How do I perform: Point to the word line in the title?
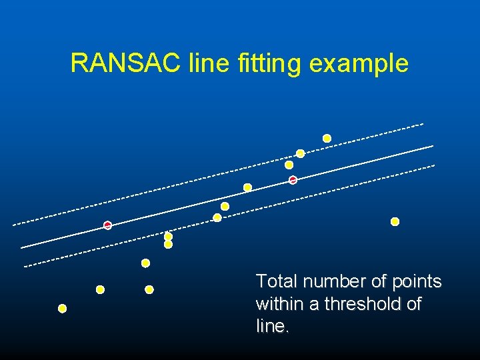pos(209,63)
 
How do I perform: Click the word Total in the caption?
pos(274,281)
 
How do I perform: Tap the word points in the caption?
pos(416,282)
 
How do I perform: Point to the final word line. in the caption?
pos(272,327)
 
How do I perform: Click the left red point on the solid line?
pos(107,225)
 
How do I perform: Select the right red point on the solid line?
pos(293,180)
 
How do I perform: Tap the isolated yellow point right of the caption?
pos(395,221)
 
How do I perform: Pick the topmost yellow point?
pos(327,138)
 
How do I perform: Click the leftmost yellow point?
pos(62,309)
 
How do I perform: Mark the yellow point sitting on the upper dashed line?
pos(300,153)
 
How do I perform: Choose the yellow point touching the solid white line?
pos(247,187)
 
